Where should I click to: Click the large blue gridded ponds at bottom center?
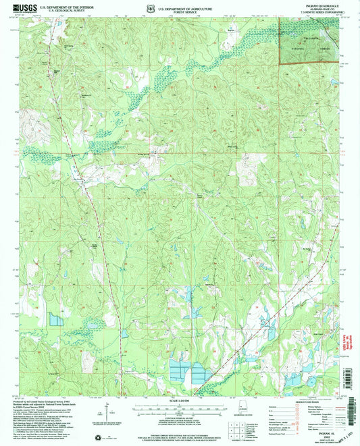[188, 370]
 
